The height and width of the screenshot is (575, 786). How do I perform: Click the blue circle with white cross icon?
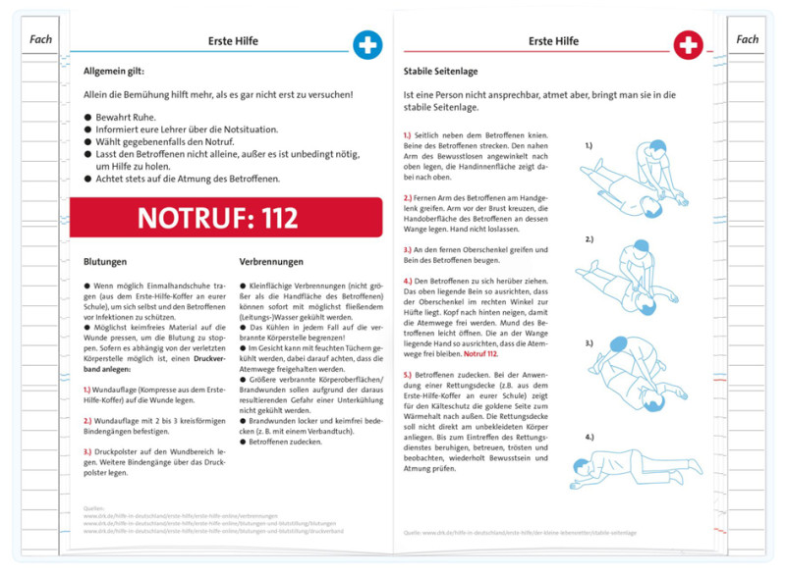point(367,45)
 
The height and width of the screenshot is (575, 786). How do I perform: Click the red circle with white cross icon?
point(688,45)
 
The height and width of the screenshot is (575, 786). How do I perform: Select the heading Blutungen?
point(105,262)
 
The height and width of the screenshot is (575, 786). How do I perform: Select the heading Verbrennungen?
point(271,262)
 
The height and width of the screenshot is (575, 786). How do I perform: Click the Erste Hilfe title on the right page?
point(553,41)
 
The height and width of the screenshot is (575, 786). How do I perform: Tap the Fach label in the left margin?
point(41,39)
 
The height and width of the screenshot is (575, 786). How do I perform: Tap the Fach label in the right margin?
point(747,39)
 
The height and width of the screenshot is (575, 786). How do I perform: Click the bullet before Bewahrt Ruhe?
point(87,117)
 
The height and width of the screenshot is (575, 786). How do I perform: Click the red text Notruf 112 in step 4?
point(481,353)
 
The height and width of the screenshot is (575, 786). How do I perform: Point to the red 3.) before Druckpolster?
point(89,451)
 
